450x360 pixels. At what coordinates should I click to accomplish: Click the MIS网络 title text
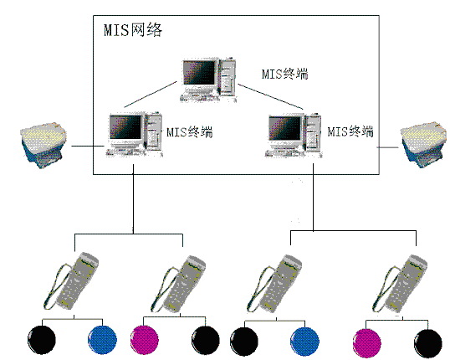(133, 29)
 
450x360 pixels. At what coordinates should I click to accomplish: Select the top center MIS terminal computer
(209, 80)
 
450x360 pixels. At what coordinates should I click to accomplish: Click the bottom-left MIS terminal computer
(135, 134)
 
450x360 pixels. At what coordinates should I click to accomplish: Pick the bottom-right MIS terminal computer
(294, 135)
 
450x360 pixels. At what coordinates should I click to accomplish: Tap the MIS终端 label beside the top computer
(285, 74)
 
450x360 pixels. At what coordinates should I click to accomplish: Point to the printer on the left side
(43, 145)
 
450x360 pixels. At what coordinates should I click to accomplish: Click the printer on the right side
(424, 145)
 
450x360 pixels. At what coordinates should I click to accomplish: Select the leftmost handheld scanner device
(71, 281)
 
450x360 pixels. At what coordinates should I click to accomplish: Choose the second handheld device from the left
(178, 283)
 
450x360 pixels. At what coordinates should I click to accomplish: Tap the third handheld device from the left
(274, 283)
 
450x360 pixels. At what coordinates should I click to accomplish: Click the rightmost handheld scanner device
(400, 283)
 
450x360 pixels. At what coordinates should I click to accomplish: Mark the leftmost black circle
(42, 340)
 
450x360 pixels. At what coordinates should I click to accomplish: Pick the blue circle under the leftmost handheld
(102, 340)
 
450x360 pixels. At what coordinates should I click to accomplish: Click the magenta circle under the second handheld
(145, 341)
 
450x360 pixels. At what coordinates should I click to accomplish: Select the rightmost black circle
(428, 343)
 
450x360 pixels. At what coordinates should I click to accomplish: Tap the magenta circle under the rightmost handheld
(367, 343)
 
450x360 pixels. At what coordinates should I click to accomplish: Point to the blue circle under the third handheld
(304, 342)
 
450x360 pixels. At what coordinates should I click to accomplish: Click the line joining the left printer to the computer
(88, 147)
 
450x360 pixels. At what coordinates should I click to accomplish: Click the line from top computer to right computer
(271, 96)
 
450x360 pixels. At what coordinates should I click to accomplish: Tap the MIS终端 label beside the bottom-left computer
(190, 132)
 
